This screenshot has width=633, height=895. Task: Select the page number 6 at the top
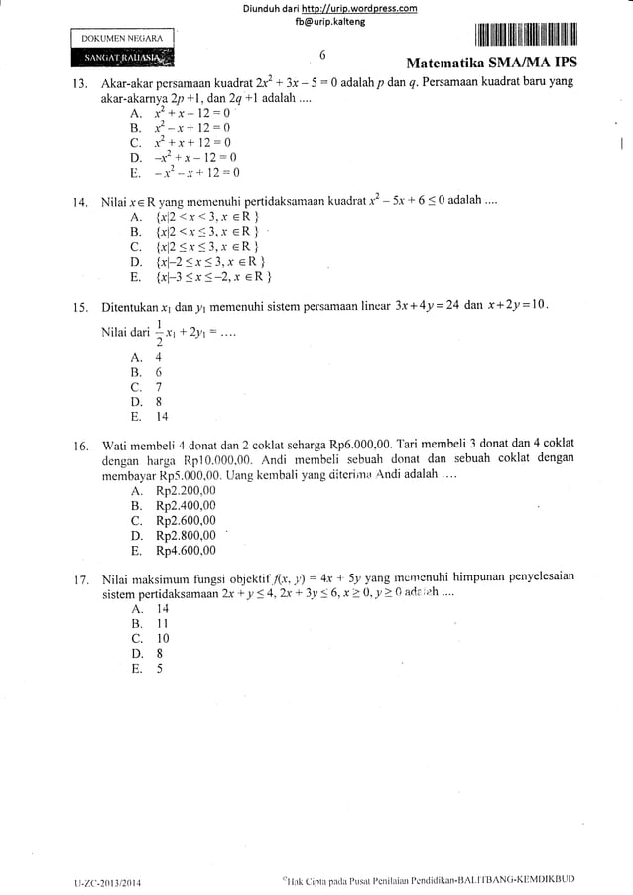[323, 56]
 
